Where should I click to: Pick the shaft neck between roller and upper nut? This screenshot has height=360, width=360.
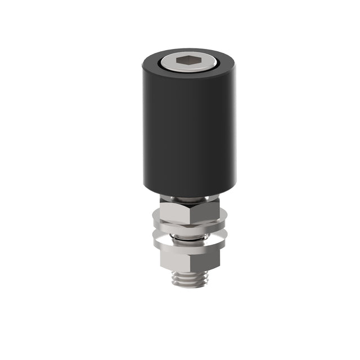click(x=186, y=199)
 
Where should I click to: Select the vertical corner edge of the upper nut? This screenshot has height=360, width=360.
click(x=190, y=213)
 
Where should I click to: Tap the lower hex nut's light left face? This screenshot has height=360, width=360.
click(x=174, y=258)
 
